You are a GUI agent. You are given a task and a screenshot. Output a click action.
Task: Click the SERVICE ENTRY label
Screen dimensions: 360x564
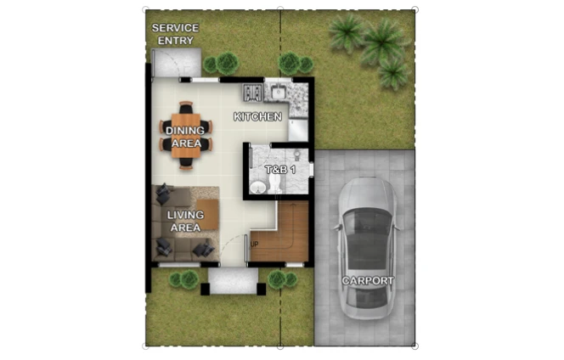(175, 34)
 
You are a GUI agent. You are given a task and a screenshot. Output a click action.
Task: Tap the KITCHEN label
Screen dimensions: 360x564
(257, 116)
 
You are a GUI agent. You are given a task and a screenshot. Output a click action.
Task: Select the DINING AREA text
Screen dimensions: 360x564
(186, 137)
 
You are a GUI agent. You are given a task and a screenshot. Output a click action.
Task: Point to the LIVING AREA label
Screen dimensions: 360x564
(184, 222)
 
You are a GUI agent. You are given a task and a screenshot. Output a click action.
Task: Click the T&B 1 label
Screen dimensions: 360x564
(279, 170)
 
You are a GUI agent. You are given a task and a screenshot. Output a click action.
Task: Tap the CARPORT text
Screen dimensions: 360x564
(367, 280)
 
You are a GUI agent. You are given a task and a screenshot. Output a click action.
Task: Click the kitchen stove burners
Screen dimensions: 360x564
(252, 92)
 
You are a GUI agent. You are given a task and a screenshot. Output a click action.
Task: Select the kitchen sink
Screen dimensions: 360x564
(278, 91)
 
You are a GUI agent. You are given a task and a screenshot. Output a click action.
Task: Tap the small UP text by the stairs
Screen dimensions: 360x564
(254, 245)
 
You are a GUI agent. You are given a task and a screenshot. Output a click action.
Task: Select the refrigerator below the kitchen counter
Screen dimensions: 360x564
(297, 130)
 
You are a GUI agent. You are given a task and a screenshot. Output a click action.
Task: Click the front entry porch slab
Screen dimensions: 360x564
(232, 280)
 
